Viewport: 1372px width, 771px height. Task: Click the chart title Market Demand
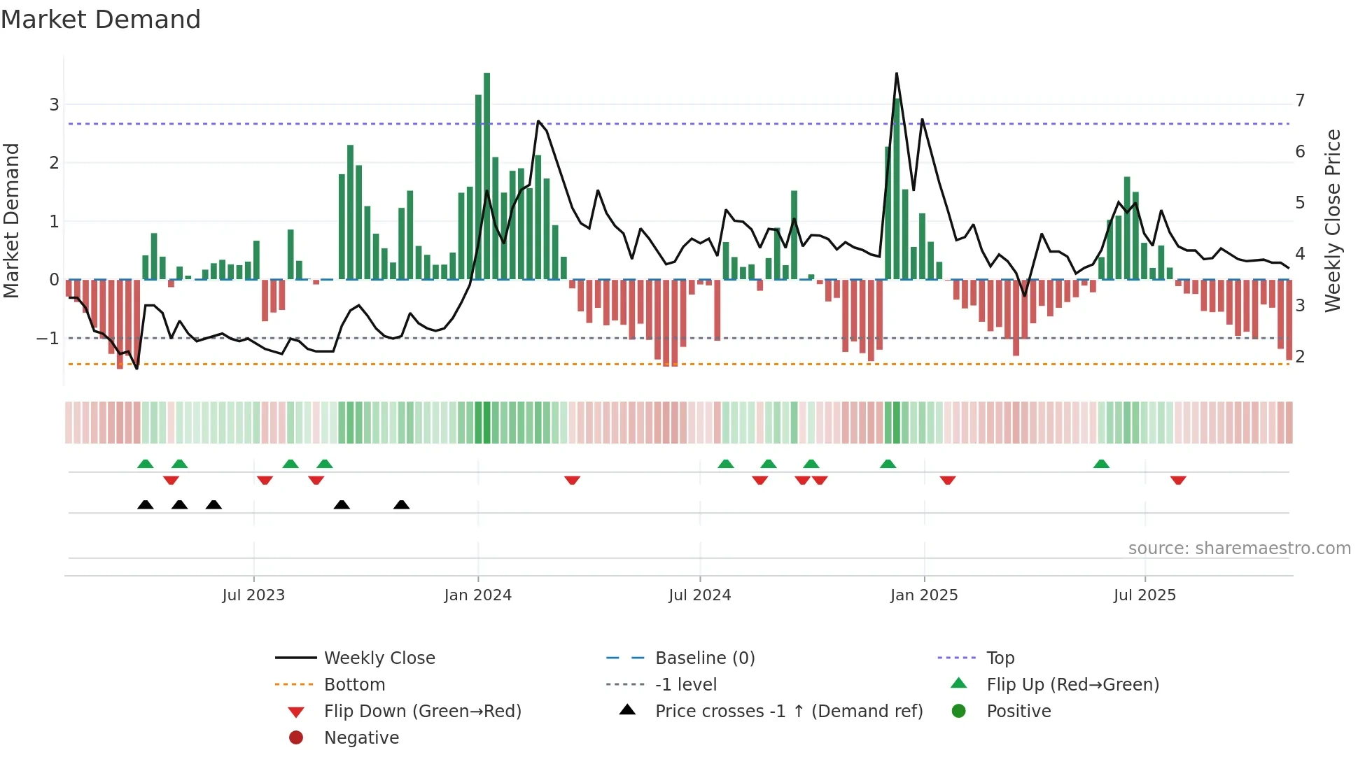[x=101, y=20]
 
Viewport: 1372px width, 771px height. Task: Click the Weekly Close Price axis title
[x=1333, y=220]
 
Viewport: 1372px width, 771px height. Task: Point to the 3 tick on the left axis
[x=54, y=105]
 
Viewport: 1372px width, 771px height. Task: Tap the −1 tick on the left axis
[x=48, y=339]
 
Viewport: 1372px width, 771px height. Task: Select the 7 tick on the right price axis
[x=1300, y=101]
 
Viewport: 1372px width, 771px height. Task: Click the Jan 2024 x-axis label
[x=478, y=595]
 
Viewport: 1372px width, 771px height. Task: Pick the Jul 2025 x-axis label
[x=1144, y=595]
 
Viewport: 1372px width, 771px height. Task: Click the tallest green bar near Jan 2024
[x=486, y=175]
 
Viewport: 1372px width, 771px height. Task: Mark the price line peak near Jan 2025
[x=897, y=74]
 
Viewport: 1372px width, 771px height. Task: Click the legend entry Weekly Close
[x=379, y=658]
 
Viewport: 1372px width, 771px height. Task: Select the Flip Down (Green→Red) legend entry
[x=422, y=712]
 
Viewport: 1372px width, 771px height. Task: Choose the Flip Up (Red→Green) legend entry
[x=1072, y=685]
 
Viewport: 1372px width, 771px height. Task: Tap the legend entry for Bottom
[x=354, y=685]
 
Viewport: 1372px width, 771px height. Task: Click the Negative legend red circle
[x=296, y=738]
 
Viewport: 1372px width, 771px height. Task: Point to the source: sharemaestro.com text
[x=1239, y=549]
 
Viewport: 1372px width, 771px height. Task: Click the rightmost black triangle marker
[x=401, y=505]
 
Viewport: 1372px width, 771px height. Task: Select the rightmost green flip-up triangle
[x=1101, y=465]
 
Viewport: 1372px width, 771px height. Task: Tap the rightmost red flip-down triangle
[x=1178, y=480]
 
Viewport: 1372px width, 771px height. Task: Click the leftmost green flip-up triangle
[x=145, y=465]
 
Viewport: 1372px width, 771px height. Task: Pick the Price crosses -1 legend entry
[x=788, y=712]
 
